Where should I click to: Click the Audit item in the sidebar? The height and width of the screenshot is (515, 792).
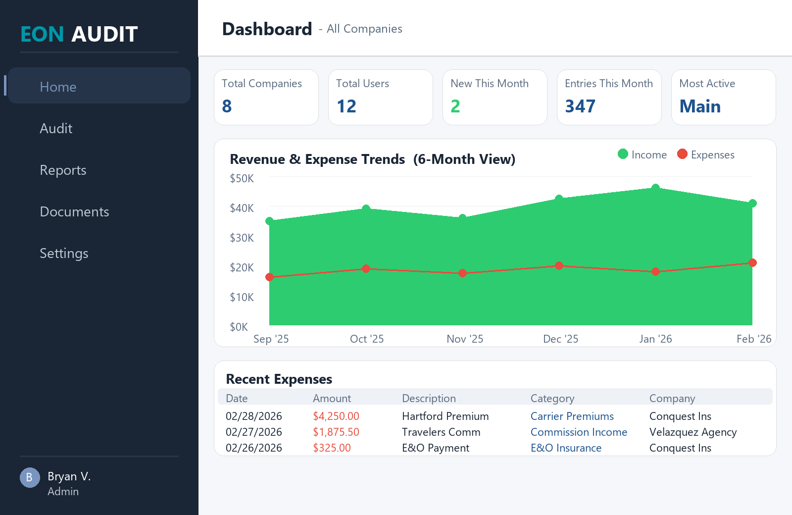[x=56, y=129]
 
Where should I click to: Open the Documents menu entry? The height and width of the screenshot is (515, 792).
[x=74, y=212]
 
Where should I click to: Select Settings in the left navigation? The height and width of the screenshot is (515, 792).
[x=64, y=254]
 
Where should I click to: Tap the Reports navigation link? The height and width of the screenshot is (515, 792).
[x=63, y=170]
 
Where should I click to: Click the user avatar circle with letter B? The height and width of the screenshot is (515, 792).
[x=30, y=477]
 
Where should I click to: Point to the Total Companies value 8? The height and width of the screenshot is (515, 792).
[x=227, y=106]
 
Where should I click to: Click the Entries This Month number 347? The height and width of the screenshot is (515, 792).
[x=580, y=106]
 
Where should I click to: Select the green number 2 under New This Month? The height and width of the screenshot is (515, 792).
[x=455, y=106]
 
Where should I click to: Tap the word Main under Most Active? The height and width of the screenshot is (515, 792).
[x=700, y=106]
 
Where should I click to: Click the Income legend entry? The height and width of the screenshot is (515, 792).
[x=643, y=154]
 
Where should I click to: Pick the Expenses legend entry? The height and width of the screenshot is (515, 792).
[x=706, y=154]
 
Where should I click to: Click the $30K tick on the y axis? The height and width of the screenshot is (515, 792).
[x=242, y=238]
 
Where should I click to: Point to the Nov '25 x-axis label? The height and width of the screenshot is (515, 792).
[x=464, y=339]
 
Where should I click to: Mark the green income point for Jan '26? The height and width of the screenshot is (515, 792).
[x=655, y=188]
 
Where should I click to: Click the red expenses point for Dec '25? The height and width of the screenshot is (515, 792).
[x=559, y=265]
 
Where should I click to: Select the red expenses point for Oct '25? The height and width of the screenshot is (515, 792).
[x=366, y=268]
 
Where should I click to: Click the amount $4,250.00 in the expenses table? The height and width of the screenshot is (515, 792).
[x=336, y=416]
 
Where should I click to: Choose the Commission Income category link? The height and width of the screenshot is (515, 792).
[x=579, y=432]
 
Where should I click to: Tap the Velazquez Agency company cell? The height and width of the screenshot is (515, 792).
[x=693, y=432]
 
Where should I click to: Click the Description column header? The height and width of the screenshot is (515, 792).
[x=429, y=398]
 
